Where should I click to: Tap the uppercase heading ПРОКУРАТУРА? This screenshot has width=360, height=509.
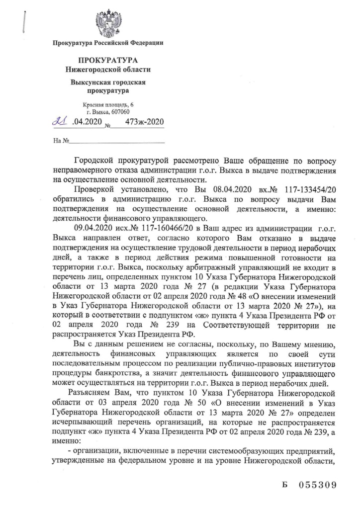pos(108,60)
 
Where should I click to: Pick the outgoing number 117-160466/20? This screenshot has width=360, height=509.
pos(161,228)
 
